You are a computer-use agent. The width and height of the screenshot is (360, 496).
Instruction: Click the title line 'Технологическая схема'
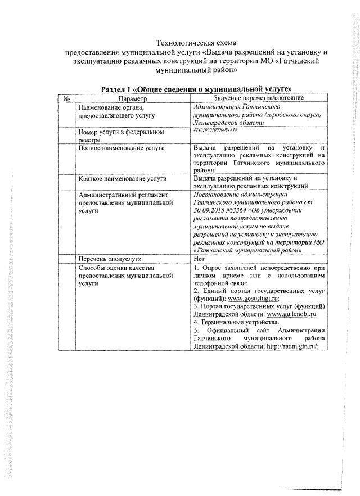click(197, 43)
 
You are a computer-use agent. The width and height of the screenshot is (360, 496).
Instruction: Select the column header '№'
click(66, 98)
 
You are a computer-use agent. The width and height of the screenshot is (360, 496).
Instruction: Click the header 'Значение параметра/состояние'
click(259, 98)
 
